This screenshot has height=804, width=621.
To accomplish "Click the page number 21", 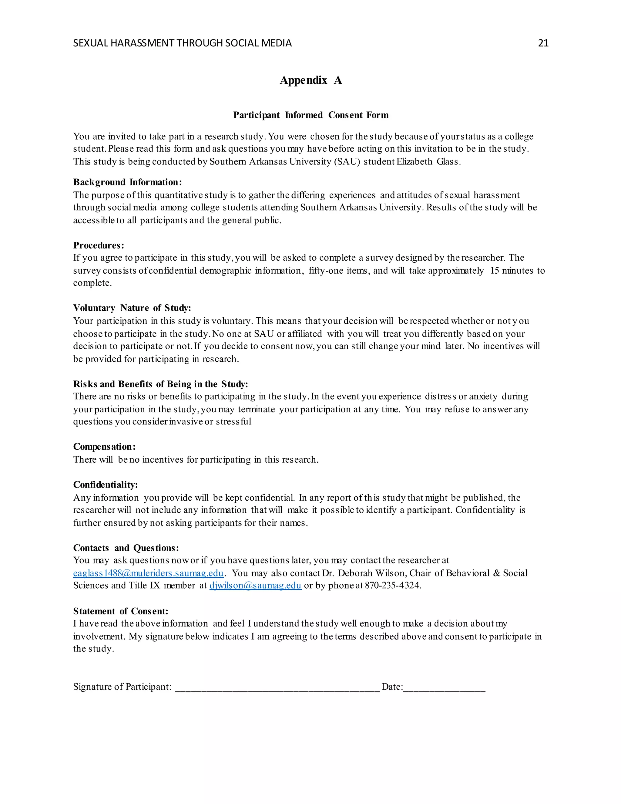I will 543,43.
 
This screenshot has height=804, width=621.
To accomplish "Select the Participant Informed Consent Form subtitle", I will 310,115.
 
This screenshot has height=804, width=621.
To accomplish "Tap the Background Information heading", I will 127,182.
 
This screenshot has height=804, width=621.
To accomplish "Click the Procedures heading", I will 99,245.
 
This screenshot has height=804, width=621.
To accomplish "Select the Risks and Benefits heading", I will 160,384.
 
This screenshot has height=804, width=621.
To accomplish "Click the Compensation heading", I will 104,447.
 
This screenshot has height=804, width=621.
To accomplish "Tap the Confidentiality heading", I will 105,485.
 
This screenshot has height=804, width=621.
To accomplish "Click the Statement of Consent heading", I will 120,611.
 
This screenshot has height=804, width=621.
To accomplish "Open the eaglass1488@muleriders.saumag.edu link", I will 148,573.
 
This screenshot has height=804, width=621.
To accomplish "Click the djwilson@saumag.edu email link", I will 255,585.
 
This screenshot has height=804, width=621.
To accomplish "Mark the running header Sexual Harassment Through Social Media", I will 182,43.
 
